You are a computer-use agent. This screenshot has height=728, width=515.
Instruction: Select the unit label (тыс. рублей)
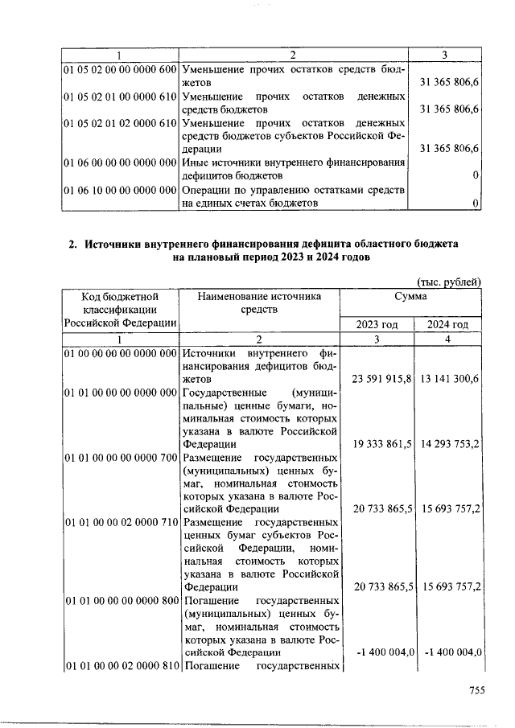[449, 282]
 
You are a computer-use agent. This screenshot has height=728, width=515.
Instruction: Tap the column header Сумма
[410, 297]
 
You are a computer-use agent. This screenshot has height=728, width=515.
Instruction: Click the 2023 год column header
[377, 324]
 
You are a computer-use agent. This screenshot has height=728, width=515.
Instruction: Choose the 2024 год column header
[447, 324]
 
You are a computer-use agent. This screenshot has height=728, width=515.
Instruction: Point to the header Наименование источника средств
[258, 302]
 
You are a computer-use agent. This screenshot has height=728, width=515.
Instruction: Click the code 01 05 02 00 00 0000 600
[120, 70]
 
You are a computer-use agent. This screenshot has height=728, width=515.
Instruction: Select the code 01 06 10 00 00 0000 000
[120, 191]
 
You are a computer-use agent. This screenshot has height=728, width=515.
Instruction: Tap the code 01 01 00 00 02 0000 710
[120, 522]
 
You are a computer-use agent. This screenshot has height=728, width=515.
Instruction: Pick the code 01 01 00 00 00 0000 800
[120, 599]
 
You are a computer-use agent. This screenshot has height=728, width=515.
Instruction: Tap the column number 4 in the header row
[448, 339]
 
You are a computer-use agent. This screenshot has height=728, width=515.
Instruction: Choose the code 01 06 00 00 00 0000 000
[120, 163]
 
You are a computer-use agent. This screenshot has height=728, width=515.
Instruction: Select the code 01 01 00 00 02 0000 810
[120, 665]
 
